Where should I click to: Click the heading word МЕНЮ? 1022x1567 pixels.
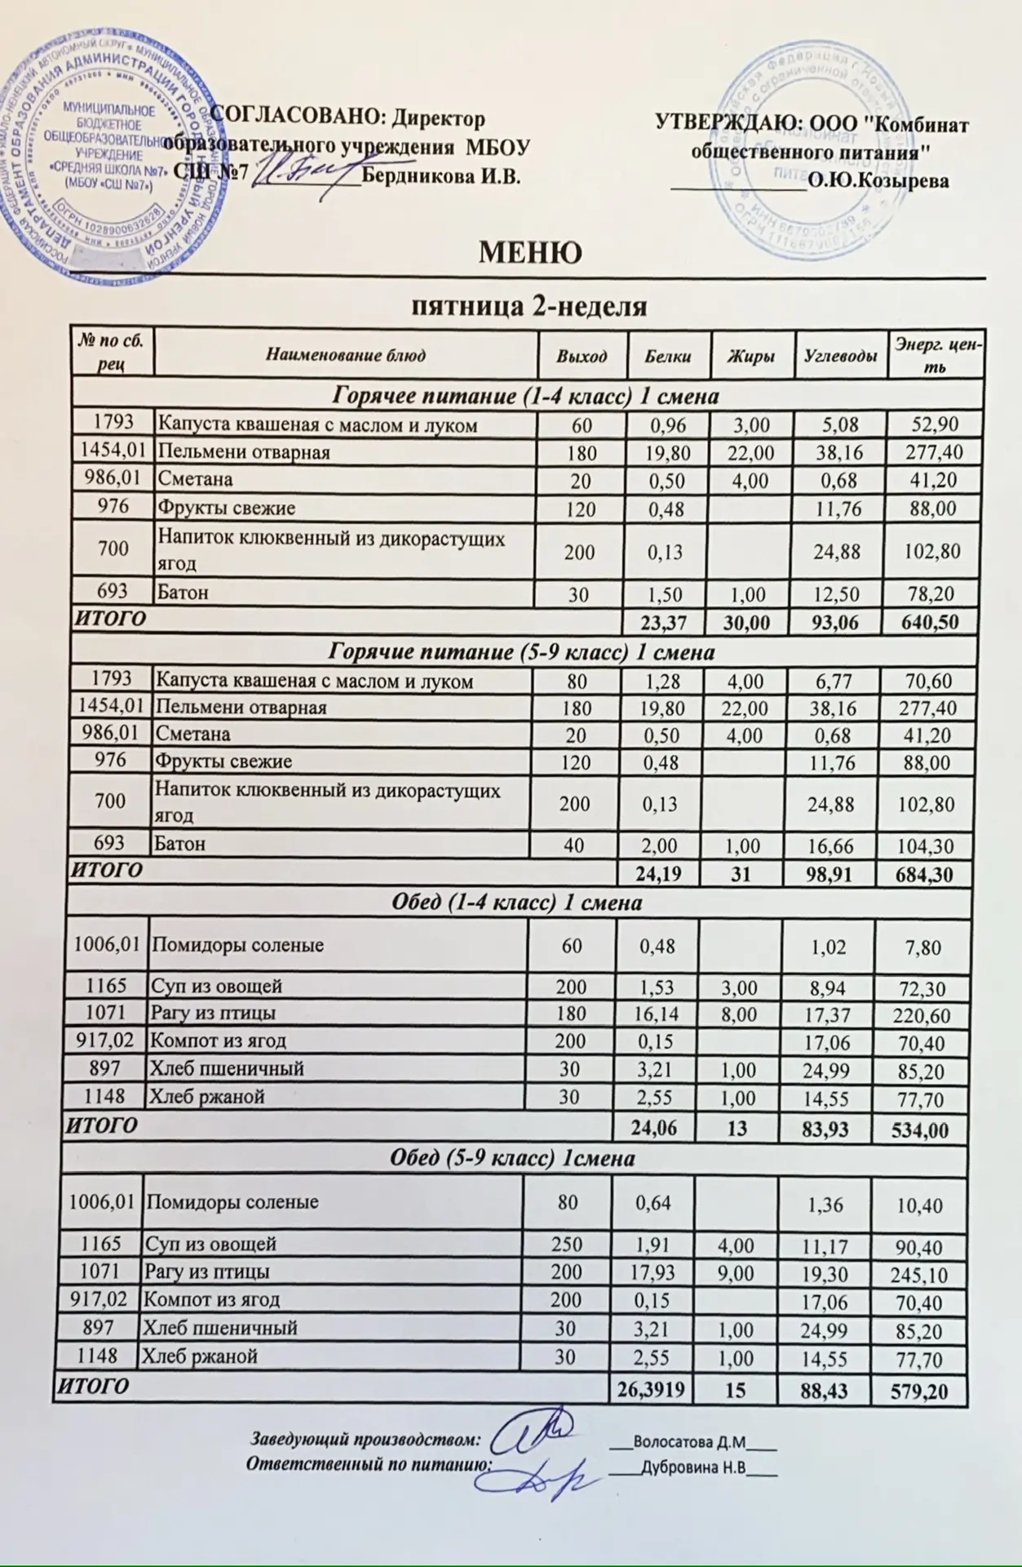tap(529, 253)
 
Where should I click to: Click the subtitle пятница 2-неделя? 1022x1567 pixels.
tap(529, 307)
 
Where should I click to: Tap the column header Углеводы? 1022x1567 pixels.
tap(841, 356)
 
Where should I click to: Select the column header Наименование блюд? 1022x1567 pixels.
tap(345, 356)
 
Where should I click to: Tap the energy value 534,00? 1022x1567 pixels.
tap(919, 1130)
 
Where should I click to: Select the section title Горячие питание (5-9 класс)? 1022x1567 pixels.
tap(521, 653)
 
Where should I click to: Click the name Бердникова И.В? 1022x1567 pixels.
tap(440, 177)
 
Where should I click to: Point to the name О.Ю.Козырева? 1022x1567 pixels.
tap(878, 181)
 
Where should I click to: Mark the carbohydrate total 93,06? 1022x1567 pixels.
tap(836, 621)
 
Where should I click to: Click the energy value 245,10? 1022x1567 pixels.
tap(919, 1274)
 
